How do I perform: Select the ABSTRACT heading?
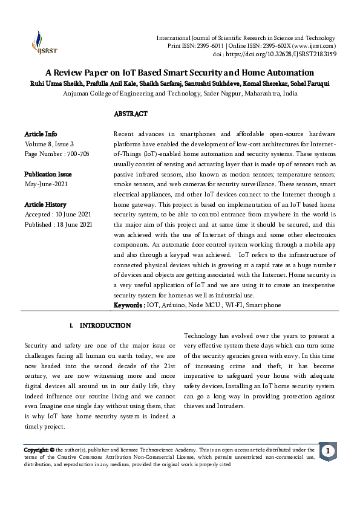pos(131,114)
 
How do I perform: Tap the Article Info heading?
pos(41,133)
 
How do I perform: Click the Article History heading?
pos(45,205)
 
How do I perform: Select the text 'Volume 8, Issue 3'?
pos(49,144)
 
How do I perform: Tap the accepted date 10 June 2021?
pos(75,215)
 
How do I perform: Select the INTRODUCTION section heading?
pos(105,325)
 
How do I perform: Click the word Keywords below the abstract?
pos(128,305)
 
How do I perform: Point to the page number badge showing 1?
pos(327,452)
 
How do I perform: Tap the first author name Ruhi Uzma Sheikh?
pos(49,83)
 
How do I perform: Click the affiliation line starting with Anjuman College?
pos(180,94)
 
